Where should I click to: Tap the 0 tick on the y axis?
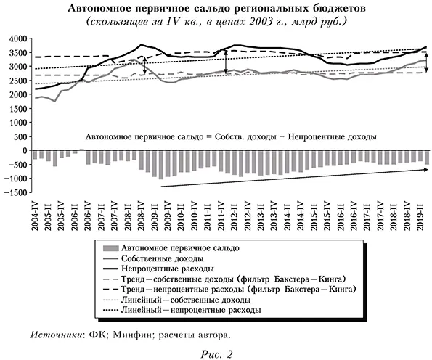click(23, 150)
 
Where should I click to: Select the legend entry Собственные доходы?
click(167, 258)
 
